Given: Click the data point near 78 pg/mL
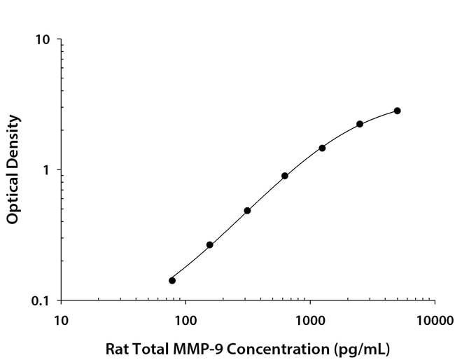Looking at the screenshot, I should tap(172, 280).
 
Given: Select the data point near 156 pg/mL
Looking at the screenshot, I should tap(209, 244).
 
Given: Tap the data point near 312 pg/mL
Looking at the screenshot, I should tap(247, 210).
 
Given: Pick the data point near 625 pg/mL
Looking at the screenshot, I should tap(285, 176).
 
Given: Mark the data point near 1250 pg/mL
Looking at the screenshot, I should tap(322, 148).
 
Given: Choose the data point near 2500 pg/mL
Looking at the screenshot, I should tap(360, 124).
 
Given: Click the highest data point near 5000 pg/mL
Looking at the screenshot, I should tap(397, 111).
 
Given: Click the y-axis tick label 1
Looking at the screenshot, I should tap(46, 170).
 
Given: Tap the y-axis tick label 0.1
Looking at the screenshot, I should tap(41, 300).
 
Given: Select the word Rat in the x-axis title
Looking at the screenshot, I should tap(116, 348).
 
